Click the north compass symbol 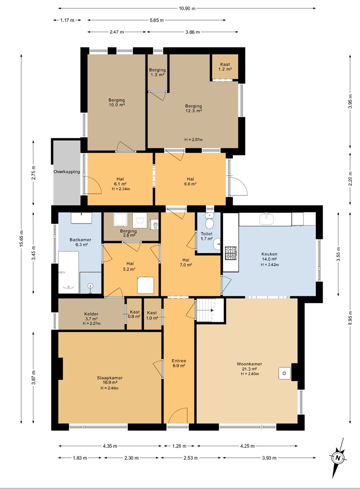point(338,458)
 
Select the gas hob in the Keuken point(231,253)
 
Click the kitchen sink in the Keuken point(267,219)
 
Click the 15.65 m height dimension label point(21,238)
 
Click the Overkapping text point(67,172)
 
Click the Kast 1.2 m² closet point(225,67)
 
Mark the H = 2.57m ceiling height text point(194,140)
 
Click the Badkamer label point(80,240)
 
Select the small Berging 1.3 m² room point(157,72)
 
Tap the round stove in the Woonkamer point(284,373)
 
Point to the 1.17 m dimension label point(67,20)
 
